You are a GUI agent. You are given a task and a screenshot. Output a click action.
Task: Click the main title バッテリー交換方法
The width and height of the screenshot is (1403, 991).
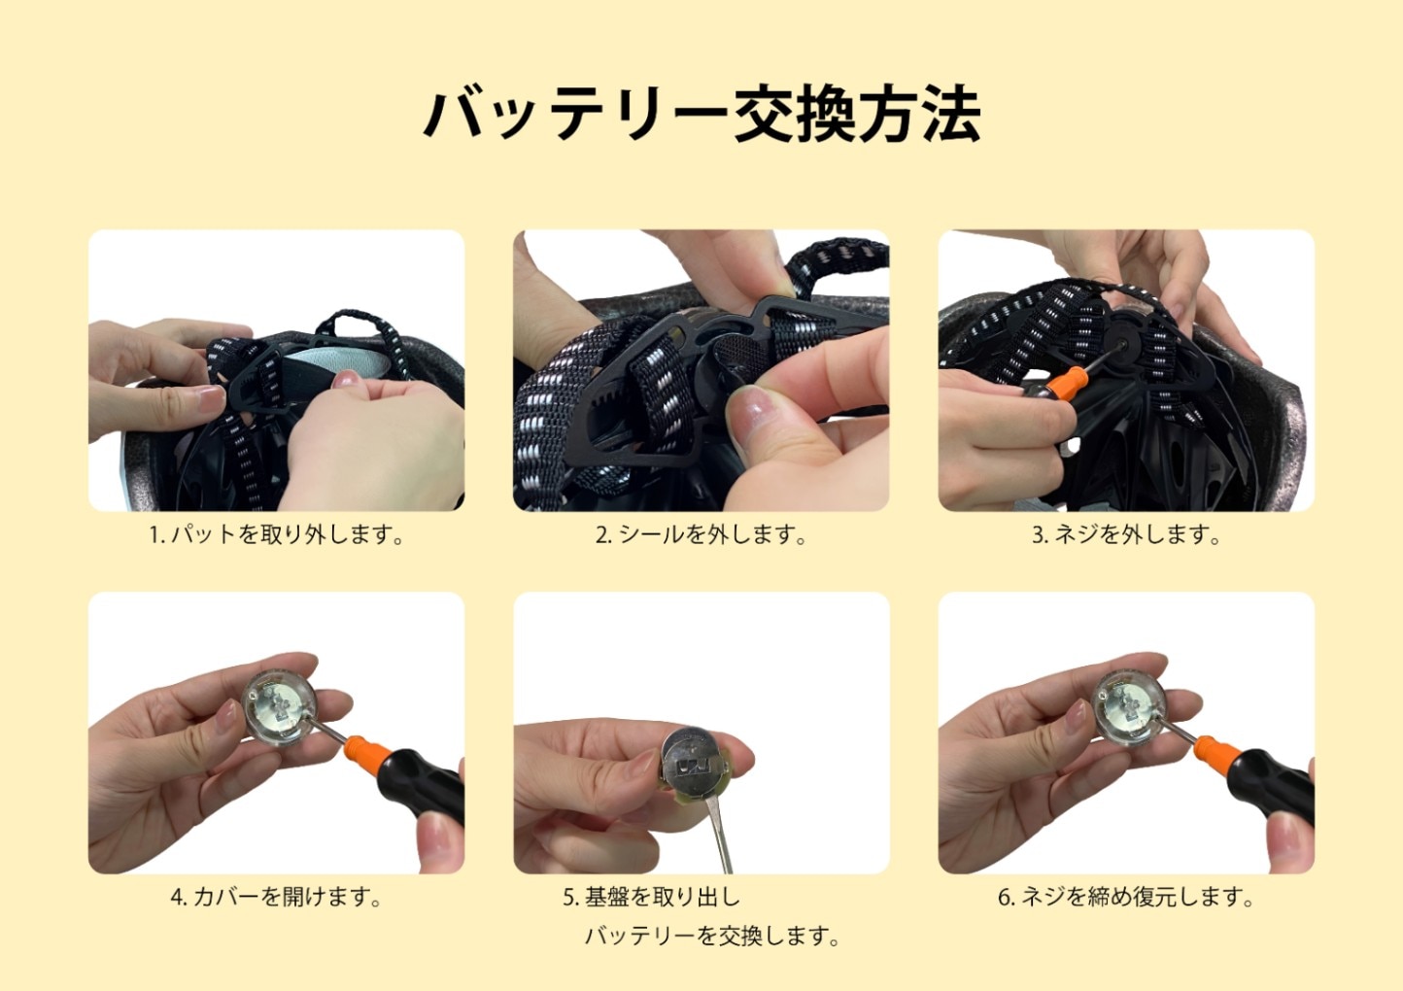coord(701,116)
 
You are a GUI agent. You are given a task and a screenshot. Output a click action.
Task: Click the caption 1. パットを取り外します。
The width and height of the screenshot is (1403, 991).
coord(276,534)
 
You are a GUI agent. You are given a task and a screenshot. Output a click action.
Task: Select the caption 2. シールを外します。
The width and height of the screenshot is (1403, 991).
coord(701,534)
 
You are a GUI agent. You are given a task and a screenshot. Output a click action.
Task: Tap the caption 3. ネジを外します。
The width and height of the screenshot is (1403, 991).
coord(1126,534)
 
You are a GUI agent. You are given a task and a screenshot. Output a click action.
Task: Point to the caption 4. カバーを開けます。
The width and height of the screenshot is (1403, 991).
coord(276,897)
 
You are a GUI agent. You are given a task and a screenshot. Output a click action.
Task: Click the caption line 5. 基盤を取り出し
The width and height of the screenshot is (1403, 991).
coord(651,897)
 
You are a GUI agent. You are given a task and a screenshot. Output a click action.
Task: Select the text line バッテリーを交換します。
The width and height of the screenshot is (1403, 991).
coord(712,937)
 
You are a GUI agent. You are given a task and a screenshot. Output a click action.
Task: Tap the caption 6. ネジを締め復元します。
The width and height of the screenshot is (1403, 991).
coord(1126,897)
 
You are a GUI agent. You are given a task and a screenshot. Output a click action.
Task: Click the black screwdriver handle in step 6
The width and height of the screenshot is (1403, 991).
coord(1274,784)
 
